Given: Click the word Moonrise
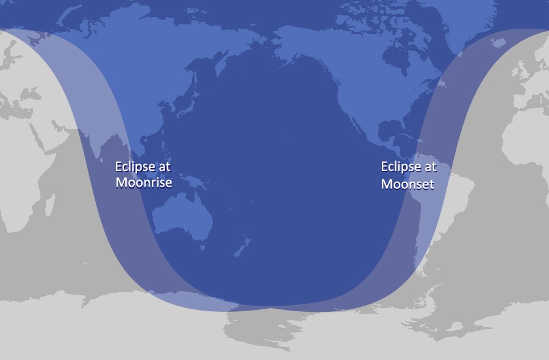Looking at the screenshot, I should (144, 182).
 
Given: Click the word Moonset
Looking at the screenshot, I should (407, 184).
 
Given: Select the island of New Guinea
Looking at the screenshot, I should (198, 182).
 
